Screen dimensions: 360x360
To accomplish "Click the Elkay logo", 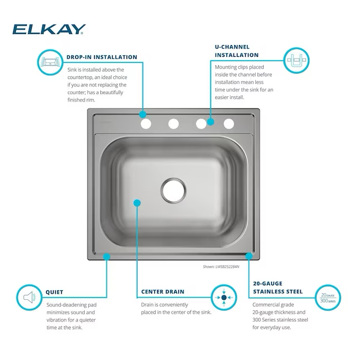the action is [x=49, y=29].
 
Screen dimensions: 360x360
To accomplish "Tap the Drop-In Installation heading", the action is [x=102, y=57].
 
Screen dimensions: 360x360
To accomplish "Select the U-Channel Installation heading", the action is [x=237, y=51].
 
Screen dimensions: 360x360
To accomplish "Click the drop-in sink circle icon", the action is [x=50, y=62].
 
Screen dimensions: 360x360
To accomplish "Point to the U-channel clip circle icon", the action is [x=296, y=60].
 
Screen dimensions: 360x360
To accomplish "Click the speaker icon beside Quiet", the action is [x=30, y=298].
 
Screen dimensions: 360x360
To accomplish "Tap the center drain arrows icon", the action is [x=224, y=298].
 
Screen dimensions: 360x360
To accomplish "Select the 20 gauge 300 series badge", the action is [x=328, y=298].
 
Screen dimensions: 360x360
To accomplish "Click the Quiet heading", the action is [x=55, y=292].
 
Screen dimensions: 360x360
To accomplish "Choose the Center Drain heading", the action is [x=163, y=291].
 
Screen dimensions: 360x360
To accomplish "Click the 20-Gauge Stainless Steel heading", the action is [x=278, y=288].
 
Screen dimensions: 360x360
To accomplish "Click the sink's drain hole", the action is [x=173, y=191].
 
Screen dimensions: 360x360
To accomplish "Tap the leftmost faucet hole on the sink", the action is [x=146, y=124].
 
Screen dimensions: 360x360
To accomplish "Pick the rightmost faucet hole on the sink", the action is [x=228, y=124].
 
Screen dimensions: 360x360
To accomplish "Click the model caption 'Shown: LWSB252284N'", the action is [x=221, y=266].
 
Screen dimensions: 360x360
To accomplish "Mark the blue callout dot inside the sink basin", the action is [x=137, y=203].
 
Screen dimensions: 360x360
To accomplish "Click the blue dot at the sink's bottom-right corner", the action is [x=249, y=256].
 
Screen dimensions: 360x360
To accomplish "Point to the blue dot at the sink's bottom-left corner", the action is [x=106, y=256].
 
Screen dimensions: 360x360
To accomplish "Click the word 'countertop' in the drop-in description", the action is [x=80, y=77].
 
